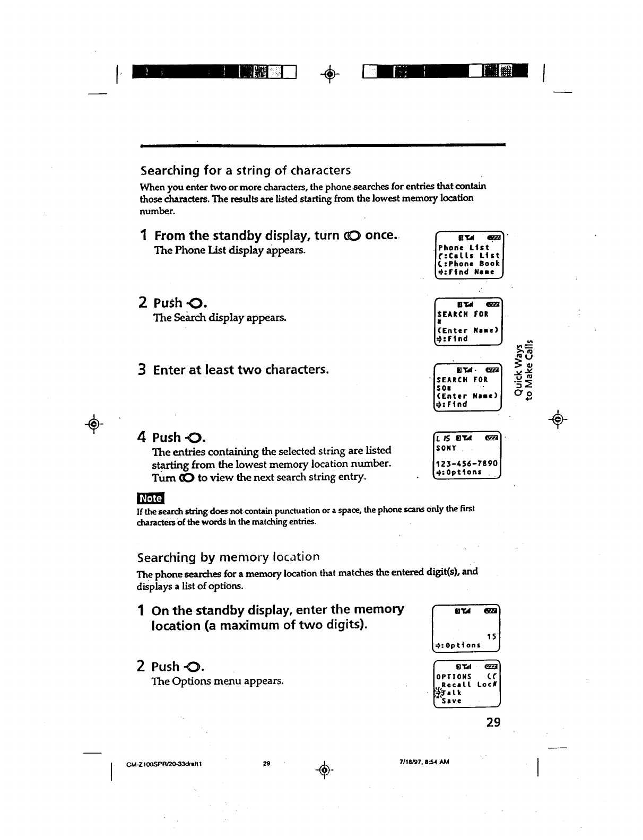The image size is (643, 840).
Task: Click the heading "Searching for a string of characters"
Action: click(x=245, y=170)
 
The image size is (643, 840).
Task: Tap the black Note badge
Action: click(x=151, y=498)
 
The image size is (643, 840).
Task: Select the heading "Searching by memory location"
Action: click(x=228, y=557)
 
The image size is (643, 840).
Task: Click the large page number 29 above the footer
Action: click(x=493, y=722)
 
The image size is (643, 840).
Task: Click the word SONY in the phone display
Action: click(x=446, y=448)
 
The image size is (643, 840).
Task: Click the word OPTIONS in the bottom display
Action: click(x=454, y=677)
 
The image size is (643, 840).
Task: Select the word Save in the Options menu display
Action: click(x=452, y=701)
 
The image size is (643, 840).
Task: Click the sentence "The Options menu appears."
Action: click(x=218, y=680)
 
